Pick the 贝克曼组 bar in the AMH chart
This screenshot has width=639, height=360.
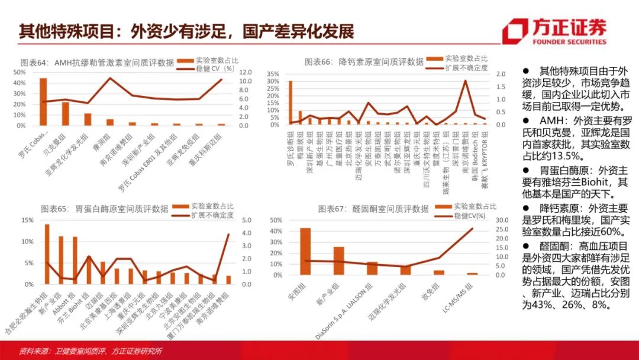(66, 114)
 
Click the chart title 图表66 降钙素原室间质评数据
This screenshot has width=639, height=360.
(364, 62)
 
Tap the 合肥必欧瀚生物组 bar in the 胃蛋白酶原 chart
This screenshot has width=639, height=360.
(47, 254)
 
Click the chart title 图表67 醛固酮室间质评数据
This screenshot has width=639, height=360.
(373, 208)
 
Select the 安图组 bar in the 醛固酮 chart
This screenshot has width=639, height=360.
(306, 251)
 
